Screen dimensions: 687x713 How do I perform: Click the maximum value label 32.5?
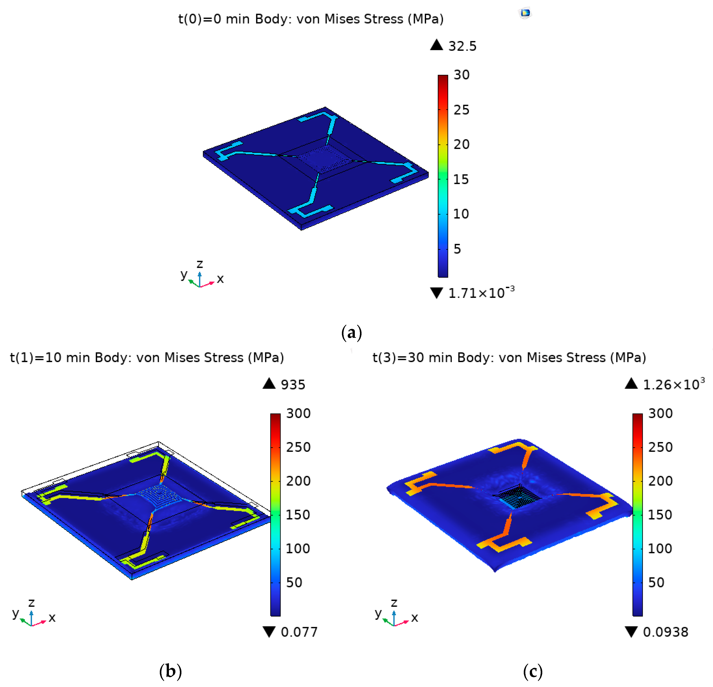coord(462,46)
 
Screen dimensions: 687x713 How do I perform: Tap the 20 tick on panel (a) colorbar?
coord(461,144)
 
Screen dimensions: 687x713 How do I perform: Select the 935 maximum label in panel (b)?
coord(293,385)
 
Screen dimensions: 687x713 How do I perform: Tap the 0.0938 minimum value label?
coord(665,632)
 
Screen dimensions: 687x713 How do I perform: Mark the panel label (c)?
coord(532,671)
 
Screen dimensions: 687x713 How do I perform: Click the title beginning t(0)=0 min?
coord(311,19)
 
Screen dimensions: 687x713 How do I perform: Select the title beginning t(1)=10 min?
coord(147,357)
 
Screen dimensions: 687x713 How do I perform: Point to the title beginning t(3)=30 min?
coord(509,357)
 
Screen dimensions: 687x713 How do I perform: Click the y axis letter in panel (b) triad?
coord(15,613)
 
